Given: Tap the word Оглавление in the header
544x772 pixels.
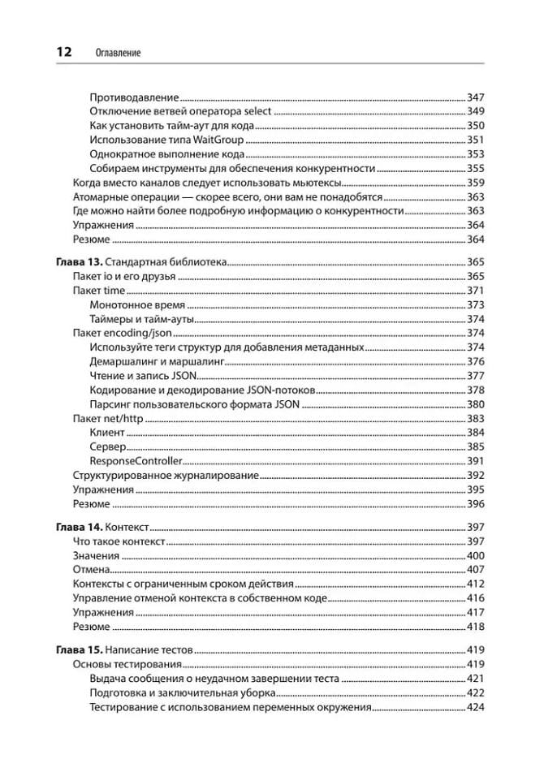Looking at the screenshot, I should point(118,53).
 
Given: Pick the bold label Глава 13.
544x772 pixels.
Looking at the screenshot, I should point(79,263).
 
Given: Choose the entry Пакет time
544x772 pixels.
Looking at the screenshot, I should point(99,291).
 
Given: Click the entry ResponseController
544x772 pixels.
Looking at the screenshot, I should point(136,460).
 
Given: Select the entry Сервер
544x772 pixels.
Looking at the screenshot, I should point(108,446).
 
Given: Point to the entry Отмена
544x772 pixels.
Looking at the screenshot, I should point(91,570).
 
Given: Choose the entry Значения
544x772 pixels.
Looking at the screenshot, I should point(96,556).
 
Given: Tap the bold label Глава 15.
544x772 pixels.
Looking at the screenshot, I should point(79,650).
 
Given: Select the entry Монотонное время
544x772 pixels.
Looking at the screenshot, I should point(138,305).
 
